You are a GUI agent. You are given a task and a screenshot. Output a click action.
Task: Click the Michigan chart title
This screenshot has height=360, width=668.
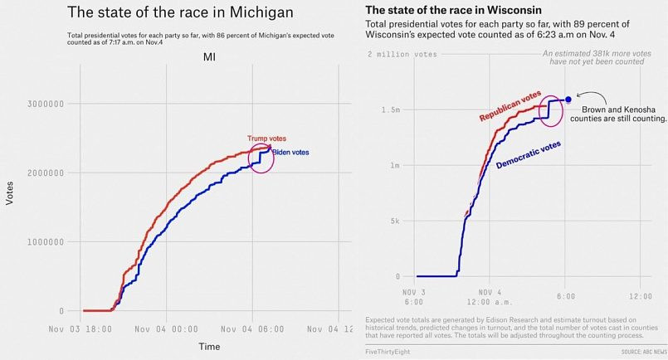[x=179, y=13]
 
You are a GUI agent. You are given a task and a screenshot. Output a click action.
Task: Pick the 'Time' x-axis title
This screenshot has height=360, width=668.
[x=209, y=346]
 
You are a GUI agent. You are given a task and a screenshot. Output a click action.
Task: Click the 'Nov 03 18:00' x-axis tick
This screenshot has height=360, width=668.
[x=80, y=328]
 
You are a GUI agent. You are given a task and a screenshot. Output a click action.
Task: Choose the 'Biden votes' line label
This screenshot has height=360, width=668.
[x=291, y=153]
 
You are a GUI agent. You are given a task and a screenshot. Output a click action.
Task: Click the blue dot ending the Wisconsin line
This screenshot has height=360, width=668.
[x=568, y=99]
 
